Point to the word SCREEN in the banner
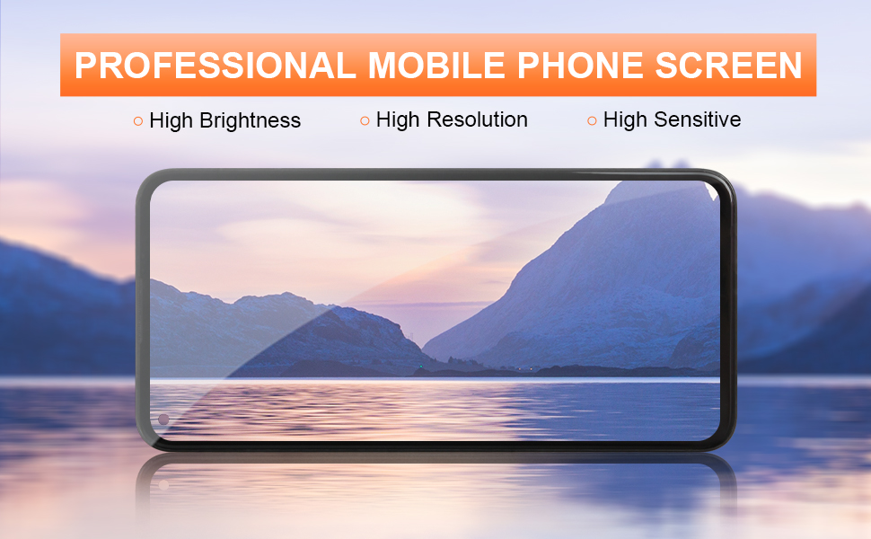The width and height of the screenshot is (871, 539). click(728, 66)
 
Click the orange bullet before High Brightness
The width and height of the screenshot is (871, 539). click(137, 120)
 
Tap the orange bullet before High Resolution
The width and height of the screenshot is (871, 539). click(365, 120)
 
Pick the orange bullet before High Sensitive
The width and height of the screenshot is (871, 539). click(592, 120)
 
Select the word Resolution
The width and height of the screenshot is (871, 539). click(472, 119)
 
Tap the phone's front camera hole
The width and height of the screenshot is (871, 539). click(163, 420)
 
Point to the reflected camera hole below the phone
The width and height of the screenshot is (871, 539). click(163, 484)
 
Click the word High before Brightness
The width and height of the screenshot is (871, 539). click(170, 120)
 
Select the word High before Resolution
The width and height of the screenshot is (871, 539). click(397, 119)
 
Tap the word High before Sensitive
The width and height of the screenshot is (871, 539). click(623, 119)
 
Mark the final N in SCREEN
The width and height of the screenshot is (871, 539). click(789, 66)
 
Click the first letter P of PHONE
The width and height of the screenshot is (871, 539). click(528, 66)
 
